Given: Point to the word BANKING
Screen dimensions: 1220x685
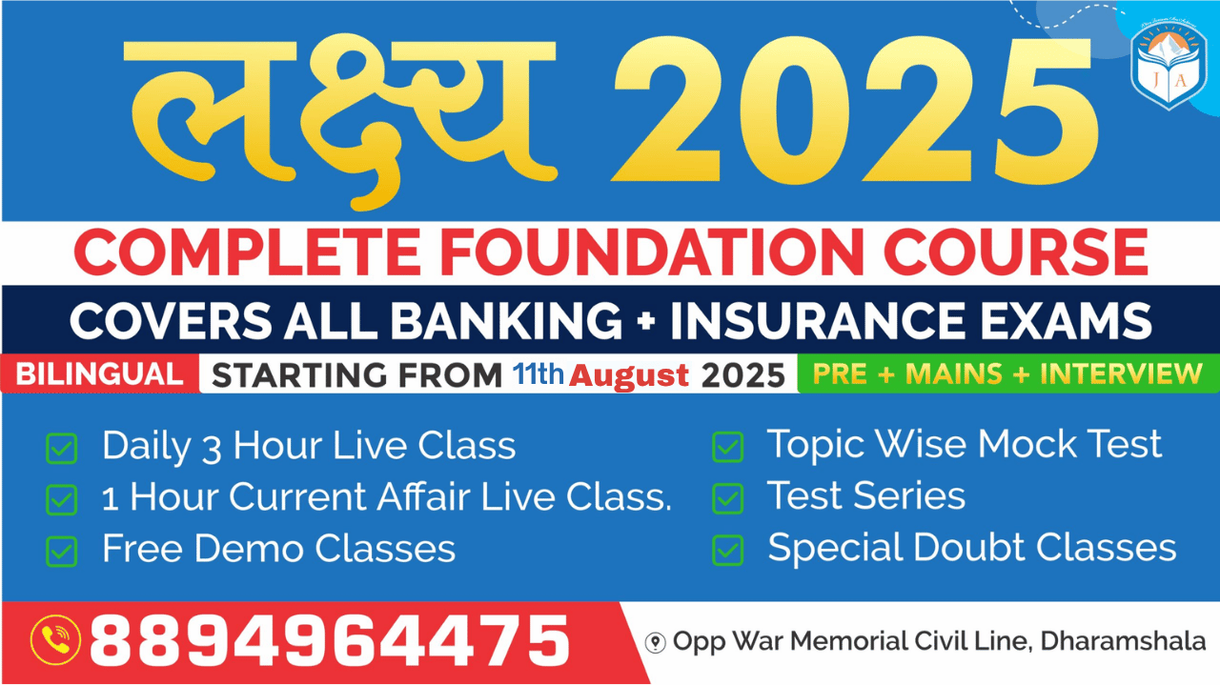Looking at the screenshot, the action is pyautogui.click(x=506, y=321).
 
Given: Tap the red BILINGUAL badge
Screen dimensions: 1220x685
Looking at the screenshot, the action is pyautogui.click(x=100, y=374).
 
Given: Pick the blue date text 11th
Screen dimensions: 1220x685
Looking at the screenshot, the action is pyautogui.click(x=539, y=373).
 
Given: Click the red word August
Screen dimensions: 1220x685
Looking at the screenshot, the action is pyautogui.click(x=629, y=375).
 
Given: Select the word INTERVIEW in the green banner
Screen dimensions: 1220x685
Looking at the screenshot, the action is pyautogui.click(x=1122, y=373).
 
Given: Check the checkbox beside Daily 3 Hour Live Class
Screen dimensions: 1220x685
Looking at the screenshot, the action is pyautogui.click(x=62, y=448).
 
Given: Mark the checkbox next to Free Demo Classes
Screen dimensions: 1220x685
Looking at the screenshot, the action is pyautogui.click(x=62, y=552).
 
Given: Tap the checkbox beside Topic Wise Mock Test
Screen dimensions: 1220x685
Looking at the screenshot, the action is pyautogui.click(x=727, y=447).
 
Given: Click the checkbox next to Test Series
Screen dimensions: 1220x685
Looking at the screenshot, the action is pyautogui.click(x=727, y=498).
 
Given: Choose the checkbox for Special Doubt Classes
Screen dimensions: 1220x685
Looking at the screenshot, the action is pyautogui.click(x=727, y=550).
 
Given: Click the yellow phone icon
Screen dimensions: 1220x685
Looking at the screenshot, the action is pyautogui.click(x=55, y=640).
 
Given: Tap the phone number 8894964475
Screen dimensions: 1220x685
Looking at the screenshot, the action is pyautogui.click(x=330, y=640).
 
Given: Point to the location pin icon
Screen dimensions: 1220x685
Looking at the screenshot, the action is pyautogui.click(x=655, y=642).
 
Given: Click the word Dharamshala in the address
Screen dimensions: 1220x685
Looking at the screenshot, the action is pyautogui.click(x=1123, y=641).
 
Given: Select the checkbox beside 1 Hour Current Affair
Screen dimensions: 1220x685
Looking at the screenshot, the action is pyautogui.click(x=62, y=500).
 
